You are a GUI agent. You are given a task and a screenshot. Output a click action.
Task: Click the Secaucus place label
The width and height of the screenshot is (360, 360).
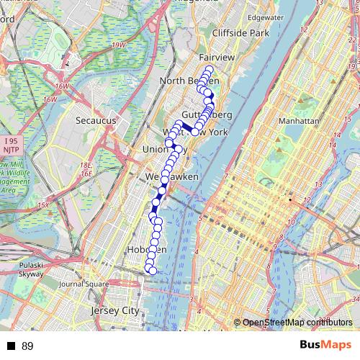pos(96,121)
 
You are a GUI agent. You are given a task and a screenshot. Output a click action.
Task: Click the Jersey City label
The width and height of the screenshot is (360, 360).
pos(115,310)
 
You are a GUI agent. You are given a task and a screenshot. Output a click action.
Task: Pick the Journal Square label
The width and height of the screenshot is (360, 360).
pos(84,284)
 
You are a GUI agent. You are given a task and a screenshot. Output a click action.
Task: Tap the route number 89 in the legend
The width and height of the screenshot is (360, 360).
pos(27,346)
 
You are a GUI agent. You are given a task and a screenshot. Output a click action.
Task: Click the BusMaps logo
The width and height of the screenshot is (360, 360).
pos(325,346)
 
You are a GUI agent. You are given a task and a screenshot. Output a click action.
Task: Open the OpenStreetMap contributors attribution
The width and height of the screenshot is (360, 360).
pos(296,322)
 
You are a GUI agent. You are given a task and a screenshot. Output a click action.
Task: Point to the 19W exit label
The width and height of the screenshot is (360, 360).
pos(118,45)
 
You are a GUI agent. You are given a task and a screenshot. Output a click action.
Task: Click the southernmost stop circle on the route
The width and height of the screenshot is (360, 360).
pos(152,270)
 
